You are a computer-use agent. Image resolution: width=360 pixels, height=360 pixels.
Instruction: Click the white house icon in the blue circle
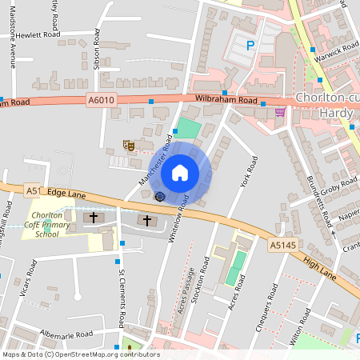coord(180,173)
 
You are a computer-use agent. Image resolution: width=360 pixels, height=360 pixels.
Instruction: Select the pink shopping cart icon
coord(280,112)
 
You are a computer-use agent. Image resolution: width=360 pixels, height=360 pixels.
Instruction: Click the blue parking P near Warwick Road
coord(250,46)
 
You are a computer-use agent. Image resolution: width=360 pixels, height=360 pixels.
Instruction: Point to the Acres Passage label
coord(189,290)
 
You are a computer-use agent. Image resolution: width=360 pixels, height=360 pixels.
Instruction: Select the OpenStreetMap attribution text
coord(80,354)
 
